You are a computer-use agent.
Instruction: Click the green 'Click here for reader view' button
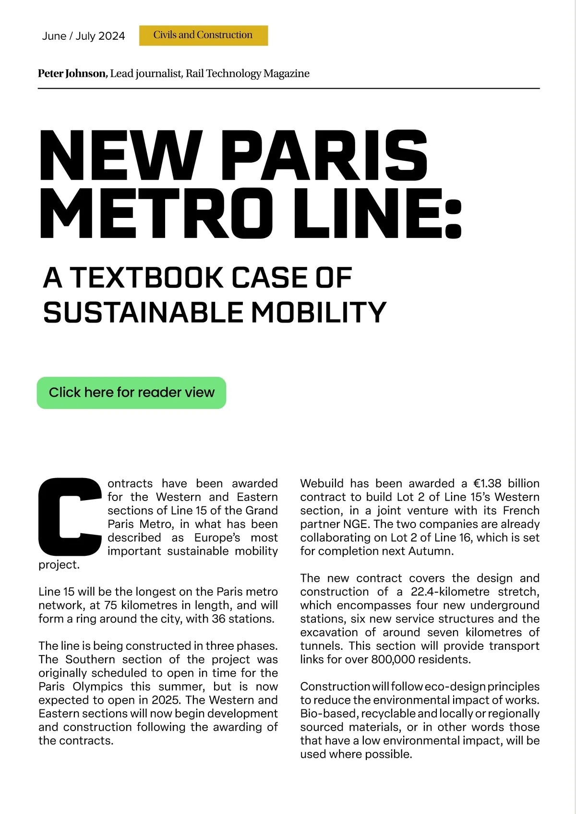[x=131, y=393]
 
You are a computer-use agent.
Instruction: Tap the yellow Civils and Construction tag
[x=203, y=35]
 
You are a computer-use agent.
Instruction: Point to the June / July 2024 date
[x=84, y=36]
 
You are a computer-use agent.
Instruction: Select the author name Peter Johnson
[x=72, y=73]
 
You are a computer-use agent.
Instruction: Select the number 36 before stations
[x=218, y=619]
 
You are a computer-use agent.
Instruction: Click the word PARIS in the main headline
[x=324, y=156]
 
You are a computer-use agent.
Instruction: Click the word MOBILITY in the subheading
[x=319, y=312]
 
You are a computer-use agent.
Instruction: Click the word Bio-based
[x=329, y=714]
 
